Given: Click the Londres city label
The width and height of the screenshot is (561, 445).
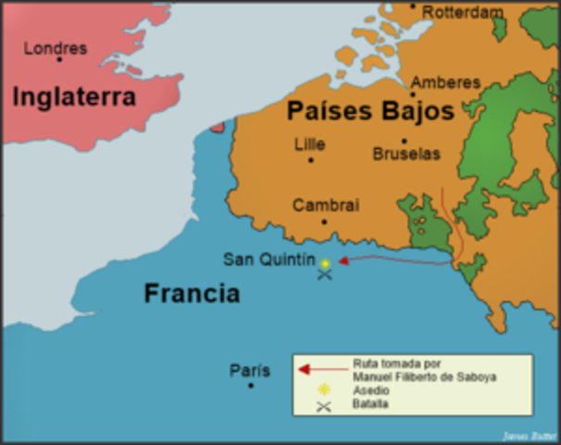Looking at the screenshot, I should point(55,47).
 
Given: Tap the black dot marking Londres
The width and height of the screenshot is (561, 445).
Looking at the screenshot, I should point(59,60).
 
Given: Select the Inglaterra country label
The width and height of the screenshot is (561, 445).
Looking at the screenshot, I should point(74,95).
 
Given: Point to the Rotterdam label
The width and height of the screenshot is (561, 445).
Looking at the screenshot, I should point(463,12).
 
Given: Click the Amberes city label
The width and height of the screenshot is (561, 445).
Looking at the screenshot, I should point(445,83).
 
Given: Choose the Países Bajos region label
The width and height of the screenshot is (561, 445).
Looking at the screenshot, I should point(370,112).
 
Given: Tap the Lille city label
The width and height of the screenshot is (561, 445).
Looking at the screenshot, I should point(309,144).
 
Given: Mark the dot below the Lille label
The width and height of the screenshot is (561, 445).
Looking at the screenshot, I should point(311,159).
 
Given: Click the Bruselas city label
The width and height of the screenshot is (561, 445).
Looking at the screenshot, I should point(406,154).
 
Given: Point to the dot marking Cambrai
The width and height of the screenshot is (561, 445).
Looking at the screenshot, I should point(324,222).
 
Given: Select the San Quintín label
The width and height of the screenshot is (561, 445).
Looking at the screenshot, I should point(269,260).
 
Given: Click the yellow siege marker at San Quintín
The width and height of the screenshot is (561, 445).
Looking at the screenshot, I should point(325,263).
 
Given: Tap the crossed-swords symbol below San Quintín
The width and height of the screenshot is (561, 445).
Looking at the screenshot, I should point(324,275).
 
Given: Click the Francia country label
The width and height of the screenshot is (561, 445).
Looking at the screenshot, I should point(191,294).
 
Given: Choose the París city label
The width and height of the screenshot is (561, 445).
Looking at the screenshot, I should point(249,371).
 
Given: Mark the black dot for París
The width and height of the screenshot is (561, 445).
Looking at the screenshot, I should point(250,385).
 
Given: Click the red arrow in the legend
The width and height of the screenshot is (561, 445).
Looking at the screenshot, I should point(315,369).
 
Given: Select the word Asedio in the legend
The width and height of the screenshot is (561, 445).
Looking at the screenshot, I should point(370,391).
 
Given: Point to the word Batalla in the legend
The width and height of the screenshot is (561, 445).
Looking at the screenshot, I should point(371,404).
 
